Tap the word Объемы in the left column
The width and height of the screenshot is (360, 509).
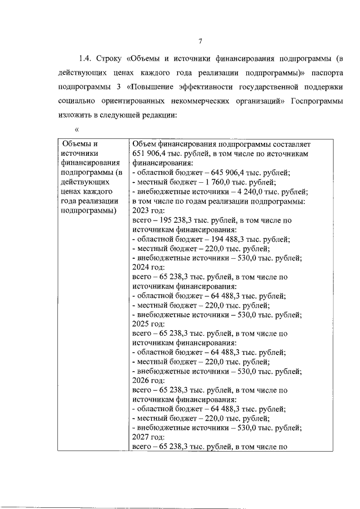(x=76, y=143)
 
